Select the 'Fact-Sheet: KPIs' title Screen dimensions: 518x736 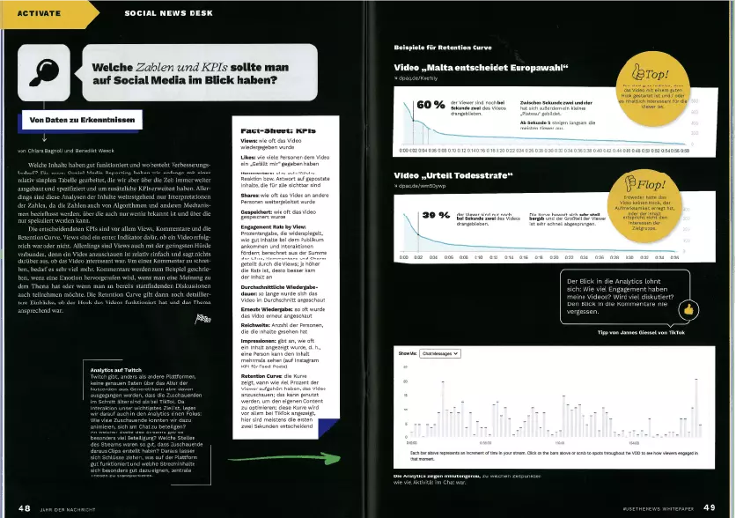[278, 129]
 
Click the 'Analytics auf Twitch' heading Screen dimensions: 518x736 [118, 370]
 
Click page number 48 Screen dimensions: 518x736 [25, 507]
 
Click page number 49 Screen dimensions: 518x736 [710, 507]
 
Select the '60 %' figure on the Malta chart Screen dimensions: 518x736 [431, 106]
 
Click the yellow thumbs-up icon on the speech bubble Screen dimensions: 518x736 [688, 309]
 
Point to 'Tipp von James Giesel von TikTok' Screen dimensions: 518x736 [640, 331]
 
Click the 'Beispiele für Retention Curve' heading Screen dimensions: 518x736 [444, 46]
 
